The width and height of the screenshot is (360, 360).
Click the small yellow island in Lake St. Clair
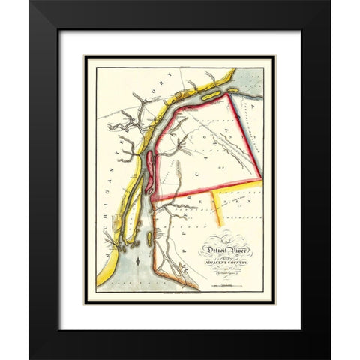229,91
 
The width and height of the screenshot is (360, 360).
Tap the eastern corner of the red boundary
261,177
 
